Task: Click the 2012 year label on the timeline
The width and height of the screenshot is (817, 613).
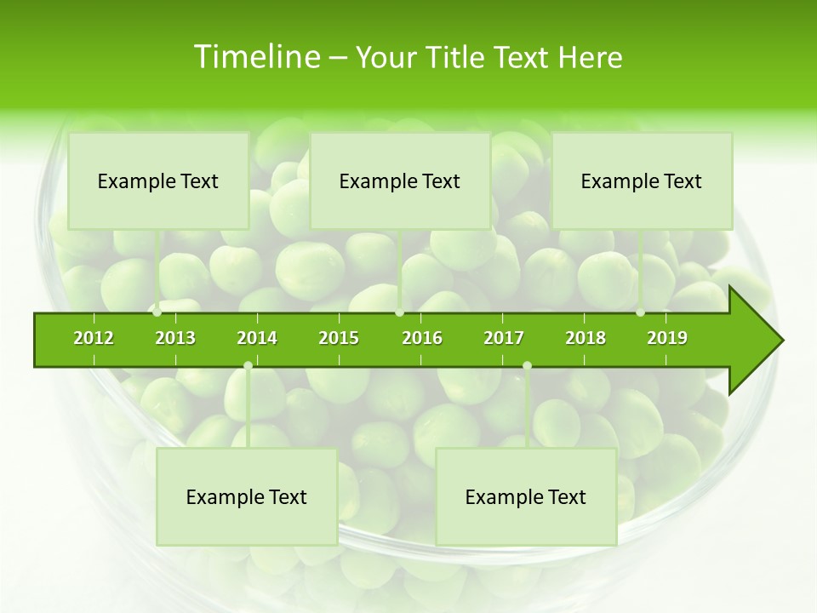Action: pos(94,338)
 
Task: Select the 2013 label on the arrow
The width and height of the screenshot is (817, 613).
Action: pos(175,338)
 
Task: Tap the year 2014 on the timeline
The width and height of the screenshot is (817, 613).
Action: pos(257,338)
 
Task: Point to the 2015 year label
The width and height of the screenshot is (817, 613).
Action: pos(339,338)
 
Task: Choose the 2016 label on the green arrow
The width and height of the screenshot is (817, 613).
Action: pos(422,338)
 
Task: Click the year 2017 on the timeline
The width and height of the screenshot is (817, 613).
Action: pos(504,338)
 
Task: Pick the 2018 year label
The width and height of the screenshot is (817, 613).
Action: pos(586,338)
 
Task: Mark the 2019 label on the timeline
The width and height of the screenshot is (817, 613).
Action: pos(667,338)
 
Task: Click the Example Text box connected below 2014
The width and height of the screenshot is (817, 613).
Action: pos(247,496)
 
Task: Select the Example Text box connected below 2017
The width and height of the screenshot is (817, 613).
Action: pos(526,496)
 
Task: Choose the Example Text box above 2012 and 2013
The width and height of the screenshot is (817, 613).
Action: pos(158,180)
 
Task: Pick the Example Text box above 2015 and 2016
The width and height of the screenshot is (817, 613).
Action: pos(400,180)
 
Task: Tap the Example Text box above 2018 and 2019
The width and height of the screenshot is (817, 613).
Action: pos(642,180)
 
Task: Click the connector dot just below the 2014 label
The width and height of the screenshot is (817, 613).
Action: pos(248,365)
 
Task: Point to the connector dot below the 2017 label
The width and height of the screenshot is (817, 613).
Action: pos(527,365)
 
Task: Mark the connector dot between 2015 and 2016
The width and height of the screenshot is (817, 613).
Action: pos(400,312)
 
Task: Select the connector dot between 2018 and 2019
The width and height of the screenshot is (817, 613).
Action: pos(641,312)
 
